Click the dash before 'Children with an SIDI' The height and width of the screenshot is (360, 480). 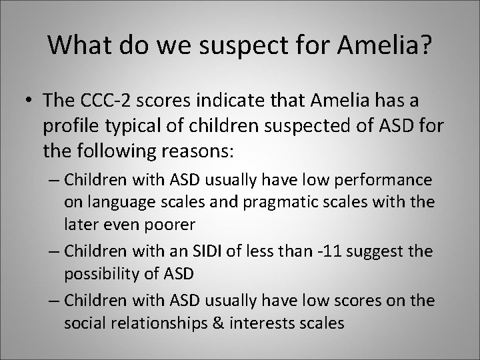point(55,252)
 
